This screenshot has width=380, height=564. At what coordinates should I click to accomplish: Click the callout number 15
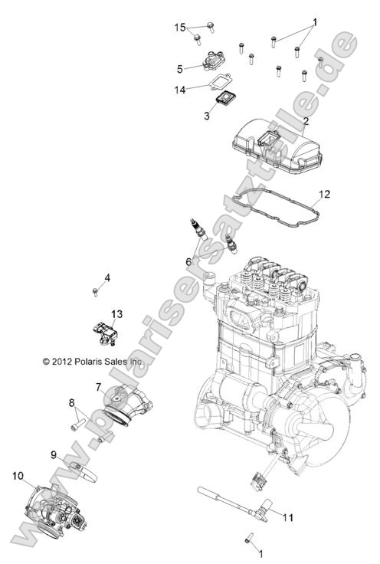[x=180, y=28]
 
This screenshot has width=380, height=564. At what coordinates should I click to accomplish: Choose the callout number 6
[x=188, y=261]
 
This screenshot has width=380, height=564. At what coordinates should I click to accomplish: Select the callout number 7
[x=99, y=387]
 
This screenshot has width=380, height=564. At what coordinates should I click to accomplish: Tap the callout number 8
[x=72, y=402]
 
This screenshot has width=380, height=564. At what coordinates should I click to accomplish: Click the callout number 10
[x=17, y=476]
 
